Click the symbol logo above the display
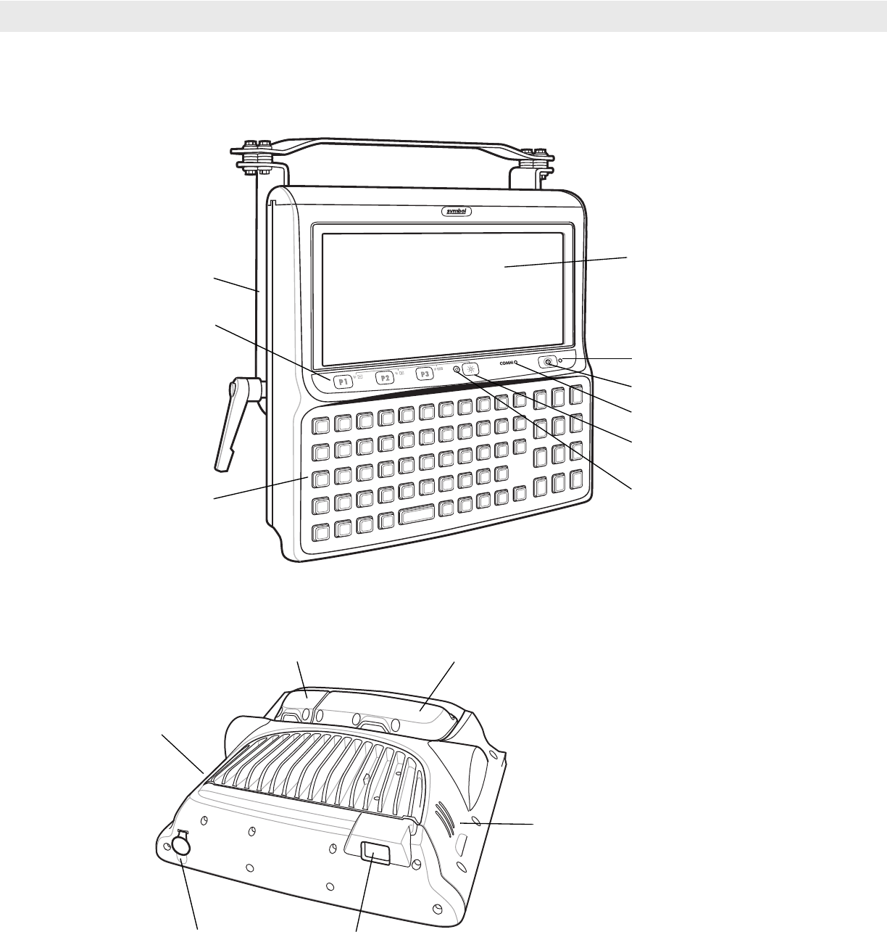[457, 212]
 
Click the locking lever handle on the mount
[233, 421]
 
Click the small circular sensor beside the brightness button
[456, 369]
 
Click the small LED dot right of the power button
[561, 360]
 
